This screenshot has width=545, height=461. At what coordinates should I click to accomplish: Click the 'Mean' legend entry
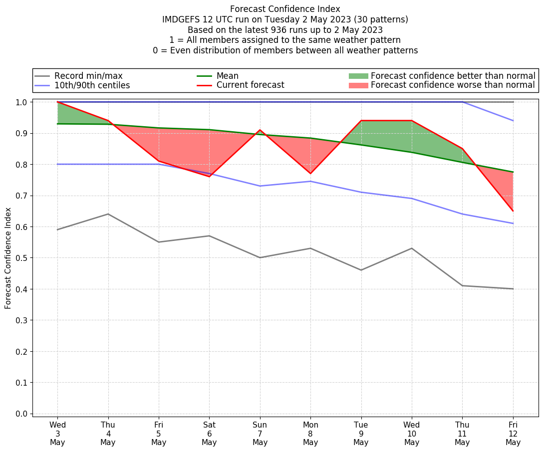[x=227, y=76]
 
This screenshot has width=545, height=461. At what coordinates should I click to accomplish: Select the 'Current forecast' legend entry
[x=250, y=85]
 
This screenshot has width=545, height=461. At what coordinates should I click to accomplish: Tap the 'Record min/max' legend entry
[x=88, y=76]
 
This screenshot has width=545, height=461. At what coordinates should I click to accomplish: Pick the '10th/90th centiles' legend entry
[x=92, y=85]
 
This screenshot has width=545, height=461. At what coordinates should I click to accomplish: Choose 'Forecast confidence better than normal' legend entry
[x=453, y=76]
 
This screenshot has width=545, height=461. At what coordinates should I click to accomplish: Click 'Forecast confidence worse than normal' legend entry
[x=453, y=85]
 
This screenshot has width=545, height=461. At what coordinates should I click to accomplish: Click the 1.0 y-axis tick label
[x=22, y=102]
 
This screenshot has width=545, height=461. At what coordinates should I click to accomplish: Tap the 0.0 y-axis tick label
[x=22, y=414]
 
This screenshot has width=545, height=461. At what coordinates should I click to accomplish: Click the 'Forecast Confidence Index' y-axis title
[x=8, y=258]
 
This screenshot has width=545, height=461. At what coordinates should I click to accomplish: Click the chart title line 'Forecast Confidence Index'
[x=285, y=9]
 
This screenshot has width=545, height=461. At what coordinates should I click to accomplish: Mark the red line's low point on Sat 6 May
[x=209, y=177]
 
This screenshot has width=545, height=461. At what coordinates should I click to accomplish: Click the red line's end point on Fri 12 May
[x=513, y=211]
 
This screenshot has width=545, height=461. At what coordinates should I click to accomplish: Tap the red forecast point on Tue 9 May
[x=361, y=121]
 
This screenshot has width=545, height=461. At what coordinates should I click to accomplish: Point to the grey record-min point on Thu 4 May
[x=108, y=214]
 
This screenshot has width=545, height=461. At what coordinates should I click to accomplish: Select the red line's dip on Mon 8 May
[x=310, y=174]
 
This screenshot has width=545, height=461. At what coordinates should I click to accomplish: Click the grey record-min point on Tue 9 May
[x=361, y=270]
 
